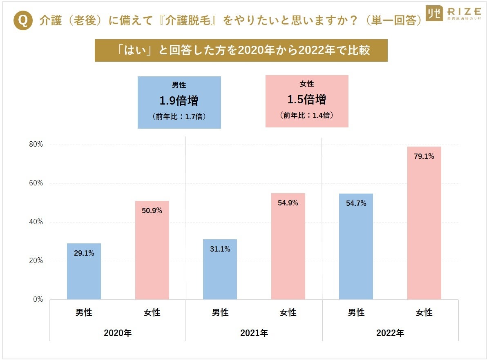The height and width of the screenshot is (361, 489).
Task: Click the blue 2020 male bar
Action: point(84,272)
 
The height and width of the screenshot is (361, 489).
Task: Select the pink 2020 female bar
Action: point(152,250)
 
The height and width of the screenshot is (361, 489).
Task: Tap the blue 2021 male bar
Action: point(220,270)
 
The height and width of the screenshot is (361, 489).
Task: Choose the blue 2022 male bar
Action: point(356,247)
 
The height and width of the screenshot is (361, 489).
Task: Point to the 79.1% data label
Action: point(424,156)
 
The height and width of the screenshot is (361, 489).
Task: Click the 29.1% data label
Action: point(84,253)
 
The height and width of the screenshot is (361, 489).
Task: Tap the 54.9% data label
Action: point(288,203)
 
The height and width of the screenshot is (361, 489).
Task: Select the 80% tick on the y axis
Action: point(36,145)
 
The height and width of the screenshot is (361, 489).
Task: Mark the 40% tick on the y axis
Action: point(36,222)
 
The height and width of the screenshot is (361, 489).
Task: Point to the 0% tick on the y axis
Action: point(38,299)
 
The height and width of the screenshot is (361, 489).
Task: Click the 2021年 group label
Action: point(254,333)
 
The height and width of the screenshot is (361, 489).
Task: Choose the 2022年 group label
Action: point(390,333)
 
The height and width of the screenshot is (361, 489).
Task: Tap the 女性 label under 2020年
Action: point(152,313)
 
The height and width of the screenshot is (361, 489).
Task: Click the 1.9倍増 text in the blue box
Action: point(179,100)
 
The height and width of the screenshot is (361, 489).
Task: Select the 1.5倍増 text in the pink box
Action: point(307,99)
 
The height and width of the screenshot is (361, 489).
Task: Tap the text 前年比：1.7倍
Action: point(179,116)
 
